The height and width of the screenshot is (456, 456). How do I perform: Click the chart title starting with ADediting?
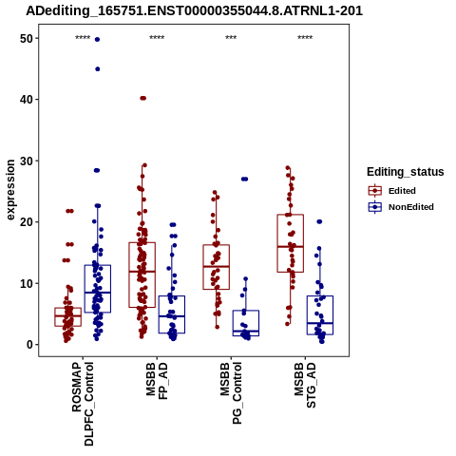(x=194, y=11)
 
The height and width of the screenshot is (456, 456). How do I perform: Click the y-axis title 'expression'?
(x=10, y=190)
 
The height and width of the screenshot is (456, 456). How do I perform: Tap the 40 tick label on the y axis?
(x=27, y=100)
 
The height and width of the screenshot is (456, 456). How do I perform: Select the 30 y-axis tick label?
(x=27, y=161)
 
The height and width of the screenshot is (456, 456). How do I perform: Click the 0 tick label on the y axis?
(x=30, y=345)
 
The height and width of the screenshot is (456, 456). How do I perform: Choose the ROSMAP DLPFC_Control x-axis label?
(x=83, y=404)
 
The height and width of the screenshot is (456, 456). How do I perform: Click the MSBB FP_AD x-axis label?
(x=157, y=381)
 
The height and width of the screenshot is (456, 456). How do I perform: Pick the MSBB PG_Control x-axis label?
(x=231, y=393)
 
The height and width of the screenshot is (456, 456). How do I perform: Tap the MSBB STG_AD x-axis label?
(x=305, y=385)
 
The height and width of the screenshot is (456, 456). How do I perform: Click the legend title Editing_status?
(x=406, y=172)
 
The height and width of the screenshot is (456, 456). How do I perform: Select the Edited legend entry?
(x=391, y=191)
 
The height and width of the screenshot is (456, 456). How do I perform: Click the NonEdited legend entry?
(x=401, y=207)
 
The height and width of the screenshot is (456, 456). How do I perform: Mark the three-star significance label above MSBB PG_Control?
(x=231, y=38)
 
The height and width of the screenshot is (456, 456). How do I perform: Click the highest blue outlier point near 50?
(x=97, y=39)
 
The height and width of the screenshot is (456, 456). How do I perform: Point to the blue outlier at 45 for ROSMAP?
(x=98, y=69)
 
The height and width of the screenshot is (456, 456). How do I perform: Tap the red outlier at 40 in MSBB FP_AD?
(x=143, y=98)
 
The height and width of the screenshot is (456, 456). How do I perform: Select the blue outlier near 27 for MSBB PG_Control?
(x=244, y=179)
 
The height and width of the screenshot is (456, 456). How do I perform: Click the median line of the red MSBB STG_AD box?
(x=291, y=246)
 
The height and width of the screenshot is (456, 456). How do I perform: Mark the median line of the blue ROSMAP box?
(x=98, y=293)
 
